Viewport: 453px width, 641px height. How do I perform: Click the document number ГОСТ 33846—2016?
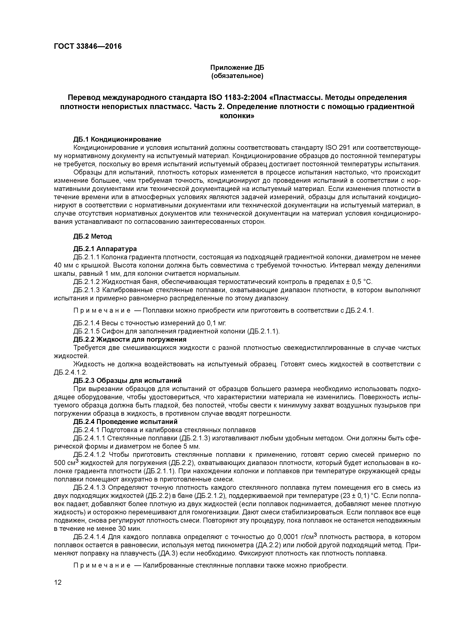coord(88,46)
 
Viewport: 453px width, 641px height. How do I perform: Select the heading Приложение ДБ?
coord(237,68)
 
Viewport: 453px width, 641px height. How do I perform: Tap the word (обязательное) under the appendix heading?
coord(237,76)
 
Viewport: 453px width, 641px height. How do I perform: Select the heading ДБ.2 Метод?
coord(92,236)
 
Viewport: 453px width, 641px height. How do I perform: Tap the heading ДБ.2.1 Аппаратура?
coord(105,249)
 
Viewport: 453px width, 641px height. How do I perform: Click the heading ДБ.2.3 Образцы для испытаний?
coord(127,380)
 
